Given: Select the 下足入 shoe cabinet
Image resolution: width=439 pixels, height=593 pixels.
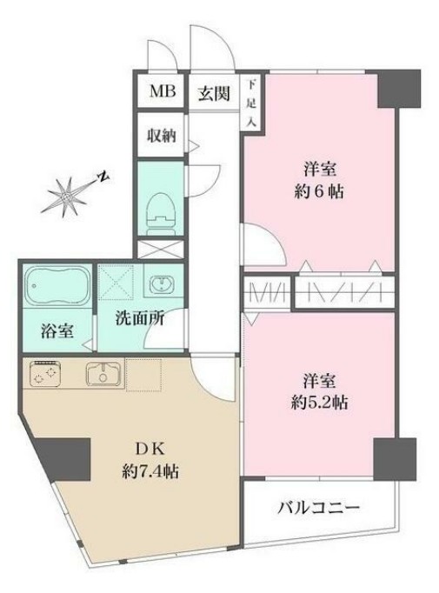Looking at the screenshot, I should pos(252,103).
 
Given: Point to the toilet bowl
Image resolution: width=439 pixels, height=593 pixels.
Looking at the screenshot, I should pos(161,209).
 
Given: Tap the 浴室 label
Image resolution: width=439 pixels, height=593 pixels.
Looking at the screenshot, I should pos(57,330).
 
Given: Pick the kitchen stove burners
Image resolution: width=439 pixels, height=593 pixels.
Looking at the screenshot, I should pos(44,374).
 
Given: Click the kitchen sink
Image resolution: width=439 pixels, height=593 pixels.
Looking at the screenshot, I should pos(103,375).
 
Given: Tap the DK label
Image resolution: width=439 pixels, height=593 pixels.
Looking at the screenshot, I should pos(144,450).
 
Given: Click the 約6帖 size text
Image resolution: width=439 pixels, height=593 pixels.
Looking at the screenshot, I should pos(319,191).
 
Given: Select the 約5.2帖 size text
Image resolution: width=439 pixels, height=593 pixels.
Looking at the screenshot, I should pos(319,403).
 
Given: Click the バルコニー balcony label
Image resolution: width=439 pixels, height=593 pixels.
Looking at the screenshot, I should pos(319,509).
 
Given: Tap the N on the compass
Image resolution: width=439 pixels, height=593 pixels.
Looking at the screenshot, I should pos(102,177).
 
